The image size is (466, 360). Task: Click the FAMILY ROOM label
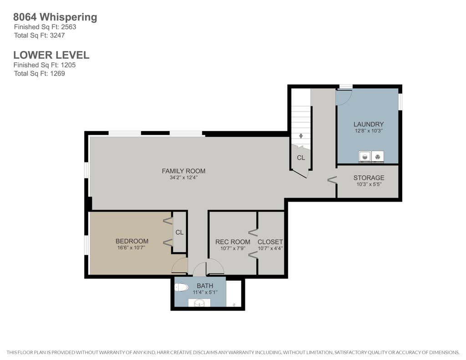click(184, 171)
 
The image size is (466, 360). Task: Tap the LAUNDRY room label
click(369, 124)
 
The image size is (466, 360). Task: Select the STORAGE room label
click(369, 178)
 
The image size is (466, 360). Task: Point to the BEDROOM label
click(132, 241)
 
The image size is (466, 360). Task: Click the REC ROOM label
click(233, 242)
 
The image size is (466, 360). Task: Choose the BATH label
click(205, 286)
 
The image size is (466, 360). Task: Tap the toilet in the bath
click(181, 288)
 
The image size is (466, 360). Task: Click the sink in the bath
click(199, 303)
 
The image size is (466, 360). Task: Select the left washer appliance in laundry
click(365, 157)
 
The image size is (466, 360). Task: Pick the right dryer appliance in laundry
click(377, 157)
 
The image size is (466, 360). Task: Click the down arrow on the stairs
click(301, 136)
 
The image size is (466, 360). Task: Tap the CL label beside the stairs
click(301, 157)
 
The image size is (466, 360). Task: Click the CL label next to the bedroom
click(179, 232)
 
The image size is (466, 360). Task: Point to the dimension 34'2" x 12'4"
click(184, 178)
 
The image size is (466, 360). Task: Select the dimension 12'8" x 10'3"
click(369, 131)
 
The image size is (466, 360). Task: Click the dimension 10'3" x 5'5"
click(369, 184)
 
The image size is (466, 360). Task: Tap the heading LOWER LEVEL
click(51, 55)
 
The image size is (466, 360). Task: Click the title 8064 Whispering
click(55, 17)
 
